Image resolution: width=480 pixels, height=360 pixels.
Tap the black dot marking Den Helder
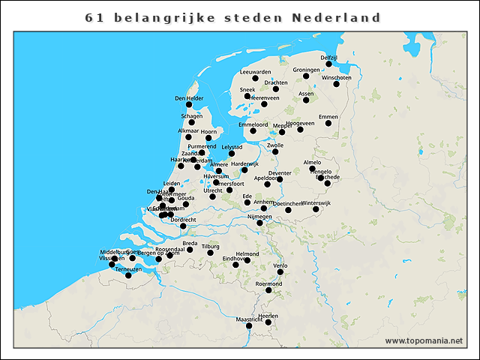[x=189, y=104]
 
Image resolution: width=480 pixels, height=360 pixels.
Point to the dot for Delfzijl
[x=328, y=64]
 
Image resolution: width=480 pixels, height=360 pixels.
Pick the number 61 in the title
[x=94, y=17]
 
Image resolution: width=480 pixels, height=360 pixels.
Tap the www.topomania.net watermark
[x=424, y=340]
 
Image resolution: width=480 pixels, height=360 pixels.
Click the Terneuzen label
[x=128, y=268]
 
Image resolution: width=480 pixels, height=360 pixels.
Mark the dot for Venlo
[x=280, y=272]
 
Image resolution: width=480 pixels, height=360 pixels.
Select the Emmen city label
[x=328, y=116]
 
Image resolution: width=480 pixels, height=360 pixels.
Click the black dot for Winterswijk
[x=316, y=209]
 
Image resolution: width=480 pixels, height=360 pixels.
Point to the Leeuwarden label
[x=254, y=71]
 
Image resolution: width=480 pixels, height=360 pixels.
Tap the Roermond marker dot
[x=268, y=290]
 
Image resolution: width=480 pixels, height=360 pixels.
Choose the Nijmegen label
[x=259, y=217]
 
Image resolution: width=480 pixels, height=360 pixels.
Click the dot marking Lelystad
[x=232, y=154]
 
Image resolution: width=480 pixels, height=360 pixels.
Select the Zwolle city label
[x=275, y=145]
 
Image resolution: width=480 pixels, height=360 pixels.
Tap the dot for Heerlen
[x=268, y=323]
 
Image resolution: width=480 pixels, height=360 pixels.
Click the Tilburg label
[x=210, y=246]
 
